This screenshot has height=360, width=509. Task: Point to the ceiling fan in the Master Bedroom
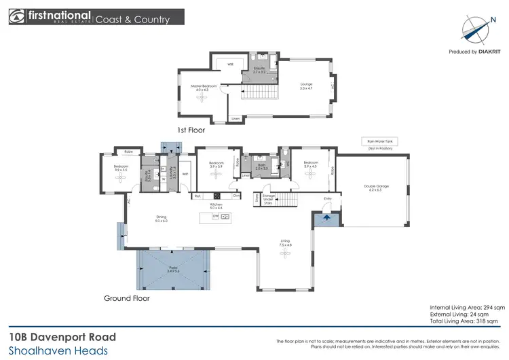[x=202, y=98]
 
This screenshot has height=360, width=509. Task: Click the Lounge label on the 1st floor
[x=306, y=85]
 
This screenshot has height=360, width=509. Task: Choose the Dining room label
[x=161, y=218]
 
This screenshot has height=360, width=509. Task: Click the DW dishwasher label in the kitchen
[x=216, y=216]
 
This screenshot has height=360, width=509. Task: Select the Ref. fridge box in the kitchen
[x=197, y=196]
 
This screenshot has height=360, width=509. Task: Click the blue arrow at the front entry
[x=327, y=218]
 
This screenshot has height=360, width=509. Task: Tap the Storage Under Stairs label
[x=268, y=198]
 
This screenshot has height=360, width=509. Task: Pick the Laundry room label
[x=174, y=173]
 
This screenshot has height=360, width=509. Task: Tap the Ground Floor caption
[x=126, y=298]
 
